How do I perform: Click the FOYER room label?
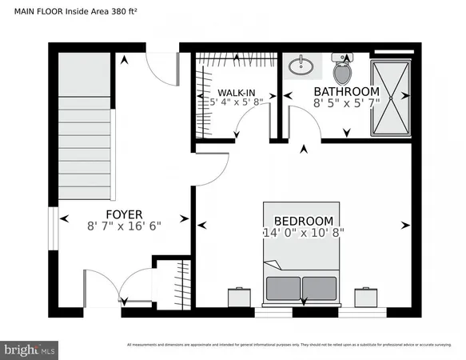click(124, 214)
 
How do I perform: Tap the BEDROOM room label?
click(303, 221)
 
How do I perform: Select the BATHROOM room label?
click(346, 91)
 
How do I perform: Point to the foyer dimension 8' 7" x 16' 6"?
click(124, 226)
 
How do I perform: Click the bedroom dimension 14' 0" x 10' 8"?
click(303, 233)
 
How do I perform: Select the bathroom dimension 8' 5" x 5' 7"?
click(346, 102)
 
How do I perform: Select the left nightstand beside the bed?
click(239, 296)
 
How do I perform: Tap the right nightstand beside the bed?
click(367, 296)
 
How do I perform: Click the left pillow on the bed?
click(285, 287)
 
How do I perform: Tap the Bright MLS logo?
click(30, 350)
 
